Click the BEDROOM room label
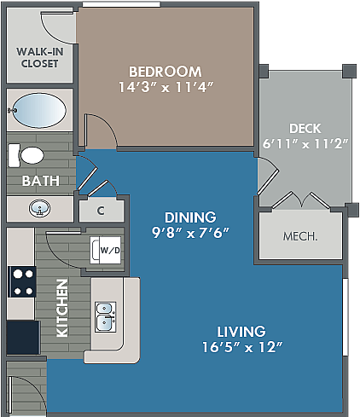[x=165, y=71]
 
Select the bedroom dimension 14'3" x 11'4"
[x=165, y=86]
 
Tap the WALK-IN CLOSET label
[x=39, y=56]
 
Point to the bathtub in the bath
[x=39, y=110]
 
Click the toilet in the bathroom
[x=26, y=155]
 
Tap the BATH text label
[x=40, y=181]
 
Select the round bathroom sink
[x=39, y=207]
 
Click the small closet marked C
[x=100, y=211]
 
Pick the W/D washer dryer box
[x=108, y=251]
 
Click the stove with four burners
[x=22, y=281]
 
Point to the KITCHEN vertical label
[x=61, y=308]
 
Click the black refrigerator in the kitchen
[x=23, y=336]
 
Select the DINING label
[x=190, y=217]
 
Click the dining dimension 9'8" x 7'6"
[x=190, y=232]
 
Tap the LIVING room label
[x=241, y=331]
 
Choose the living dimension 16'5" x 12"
[x=241, y=347]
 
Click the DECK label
[x=305, y=128]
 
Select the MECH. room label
[x=300, y=235]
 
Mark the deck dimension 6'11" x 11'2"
[x=305, y=143]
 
